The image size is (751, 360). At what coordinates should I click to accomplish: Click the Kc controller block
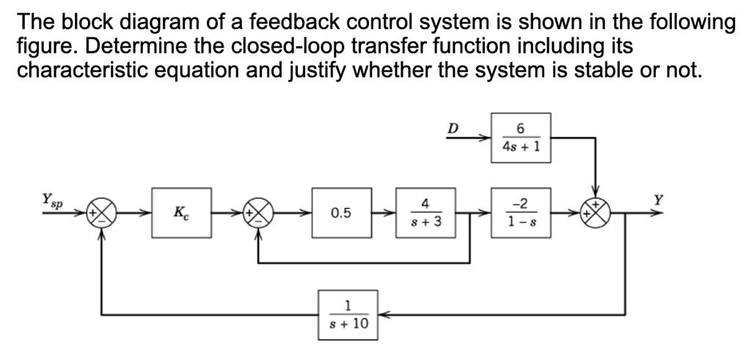181,213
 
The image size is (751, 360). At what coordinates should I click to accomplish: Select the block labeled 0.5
341,213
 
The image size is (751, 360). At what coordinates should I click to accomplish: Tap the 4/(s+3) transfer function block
425,213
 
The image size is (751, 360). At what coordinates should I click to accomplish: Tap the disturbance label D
453,129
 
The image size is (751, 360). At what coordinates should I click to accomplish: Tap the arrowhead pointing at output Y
662,213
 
